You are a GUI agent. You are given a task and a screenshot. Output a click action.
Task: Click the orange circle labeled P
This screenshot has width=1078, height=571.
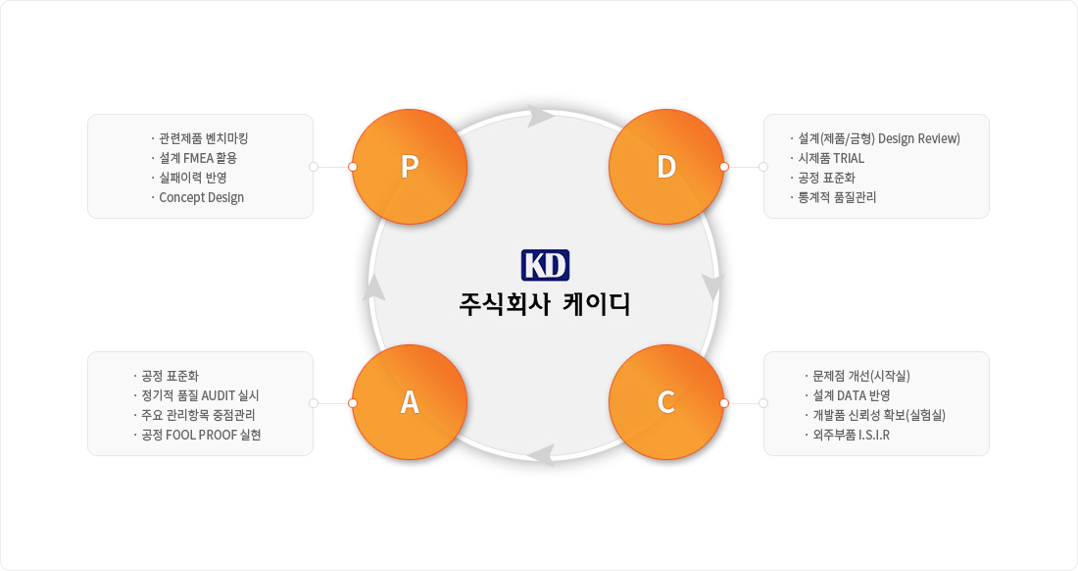pos(410,167)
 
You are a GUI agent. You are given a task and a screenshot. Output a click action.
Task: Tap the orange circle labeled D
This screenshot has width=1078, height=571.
pos(666,167)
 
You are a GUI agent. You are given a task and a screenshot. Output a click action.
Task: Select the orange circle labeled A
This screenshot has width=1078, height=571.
pos(410,402)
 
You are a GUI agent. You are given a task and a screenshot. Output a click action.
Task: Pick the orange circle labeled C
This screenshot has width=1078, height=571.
pos(666,402)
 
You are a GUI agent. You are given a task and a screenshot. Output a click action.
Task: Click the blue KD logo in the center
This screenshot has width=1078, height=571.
pos(545,265)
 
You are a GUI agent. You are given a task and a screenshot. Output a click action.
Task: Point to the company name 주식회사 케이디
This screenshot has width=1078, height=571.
pos(545,303)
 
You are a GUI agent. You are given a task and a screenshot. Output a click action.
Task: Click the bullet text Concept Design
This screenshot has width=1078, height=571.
pos(202,197)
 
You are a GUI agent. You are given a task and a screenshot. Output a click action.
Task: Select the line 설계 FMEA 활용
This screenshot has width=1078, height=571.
pos(198,158)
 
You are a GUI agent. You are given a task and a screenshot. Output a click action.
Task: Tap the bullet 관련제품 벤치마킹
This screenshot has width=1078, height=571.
pos(204,138)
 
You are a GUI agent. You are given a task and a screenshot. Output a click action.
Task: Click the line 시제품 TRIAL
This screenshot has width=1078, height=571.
pos(831,158)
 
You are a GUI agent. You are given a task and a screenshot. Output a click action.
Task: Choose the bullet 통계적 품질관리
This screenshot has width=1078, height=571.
pos(837,197)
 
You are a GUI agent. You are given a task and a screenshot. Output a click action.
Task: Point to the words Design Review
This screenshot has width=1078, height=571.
pos(919,138)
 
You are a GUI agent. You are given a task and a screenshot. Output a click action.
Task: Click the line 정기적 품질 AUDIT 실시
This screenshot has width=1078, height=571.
pos(200,395)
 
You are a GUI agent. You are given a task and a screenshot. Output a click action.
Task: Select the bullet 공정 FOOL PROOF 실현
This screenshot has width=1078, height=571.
pos(202,435)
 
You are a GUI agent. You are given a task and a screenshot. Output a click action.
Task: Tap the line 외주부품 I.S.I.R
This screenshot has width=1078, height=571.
pos(851,435)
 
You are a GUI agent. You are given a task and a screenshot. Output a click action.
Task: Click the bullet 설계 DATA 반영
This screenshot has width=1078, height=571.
pos(852,395)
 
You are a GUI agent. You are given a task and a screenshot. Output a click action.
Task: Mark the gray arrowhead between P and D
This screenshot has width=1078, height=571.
pos(541,116)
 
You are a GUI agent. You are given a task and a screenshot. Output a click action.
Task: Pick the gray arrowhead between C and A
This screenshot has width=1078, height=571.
pos(544,455)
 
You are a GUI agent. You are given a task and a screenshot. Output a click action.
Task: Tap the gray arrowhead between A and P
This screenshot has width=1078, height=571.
pos(373,286)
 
